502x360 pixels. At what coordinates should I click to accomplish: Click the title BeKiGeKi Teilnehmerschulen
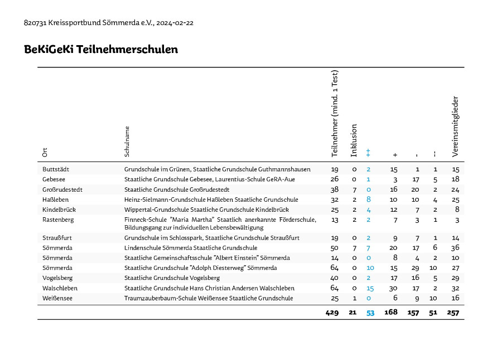click(x=101, y=49)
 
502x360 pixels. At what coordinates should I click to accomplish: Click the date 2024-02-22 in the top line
click(x=175, y=23)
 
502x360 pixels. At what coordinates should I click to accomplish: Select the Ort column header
click(x=45, y=152)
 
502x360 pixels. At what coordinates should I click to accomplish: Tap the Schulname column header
click(x=127, y=142)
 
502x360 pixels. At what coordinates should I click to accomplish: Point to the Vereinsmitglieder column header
click(x=455, y=127)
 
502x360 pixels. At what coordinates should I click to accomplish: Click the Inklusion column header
click(x=354, y=140)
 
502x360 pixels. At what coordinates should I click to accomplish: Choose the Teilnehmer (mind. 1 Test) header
click(x=335, y=114)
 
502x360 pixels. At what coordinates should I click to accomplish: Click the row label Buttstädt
click(x=56, y=169)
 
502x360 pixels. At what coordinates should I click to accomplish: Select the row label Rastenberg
click(x=58, y=220)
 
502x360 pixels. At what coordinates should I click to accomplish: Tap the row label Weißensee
click(x=57, y=298)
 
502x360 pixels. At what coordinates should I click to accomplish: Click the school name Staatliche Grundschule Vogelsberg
click(x=172, y=278)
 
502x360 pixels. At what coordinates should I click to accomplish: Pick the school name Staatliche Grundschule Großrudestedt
click(x=177, y=190)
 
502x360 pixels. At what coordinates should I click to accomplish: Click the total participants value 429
click(x=332, y=313)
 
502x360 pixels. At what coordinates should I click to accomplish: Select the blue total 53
click(x=370, y=313)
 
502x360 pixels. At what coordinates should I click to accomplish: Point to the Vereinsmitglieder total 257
click(x=453, y=313)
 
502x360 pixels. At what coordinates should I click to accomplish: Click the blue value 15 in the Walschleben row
click(x=370, y=288)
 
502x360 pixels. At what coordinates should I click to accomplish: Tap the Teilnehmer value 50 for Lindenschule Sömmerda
click(x=335, y=248)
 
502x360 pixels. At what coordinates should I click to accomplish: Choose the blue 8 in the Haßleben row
click(x=369, y=200)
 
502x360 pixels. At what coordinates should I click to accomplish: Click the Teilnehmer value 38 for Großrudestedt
click(x=335, y=190)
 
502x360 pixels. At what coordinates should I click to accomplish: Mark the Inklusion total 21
click(x=353, y=313)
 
